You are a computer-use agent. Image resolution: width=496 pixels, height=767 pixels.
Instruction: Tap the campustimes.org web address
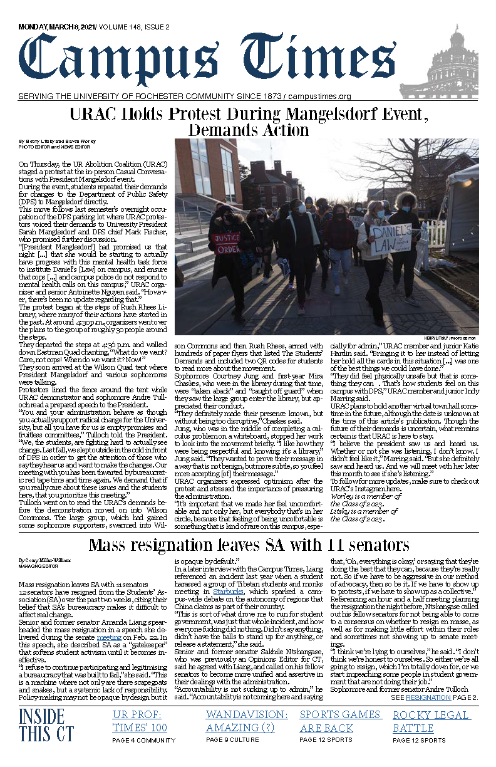pyautogui.click(x=319, y=97)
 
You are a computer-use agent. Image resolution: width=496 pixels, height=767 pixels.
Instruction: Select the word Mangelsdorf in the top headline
pyautogui.click(x=338, y=115)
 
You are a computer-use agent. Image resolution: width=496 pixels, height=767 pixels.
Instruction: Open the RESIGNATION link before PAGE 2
pyautogui.click(x=428, y=697)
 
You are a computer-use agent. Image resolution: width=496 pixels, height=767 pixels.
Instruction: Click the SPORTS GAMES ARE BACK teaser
pyautogui.click(x=340, y=721)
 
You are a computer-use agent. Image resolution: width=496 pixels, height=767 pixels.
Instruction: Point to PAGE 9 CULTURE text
pyautogui.click(x=232, y=740)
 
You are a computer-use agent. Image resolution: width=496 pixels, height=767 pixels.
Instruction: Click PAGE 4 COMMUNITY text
pyautogui.click(x=144, y=740)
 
